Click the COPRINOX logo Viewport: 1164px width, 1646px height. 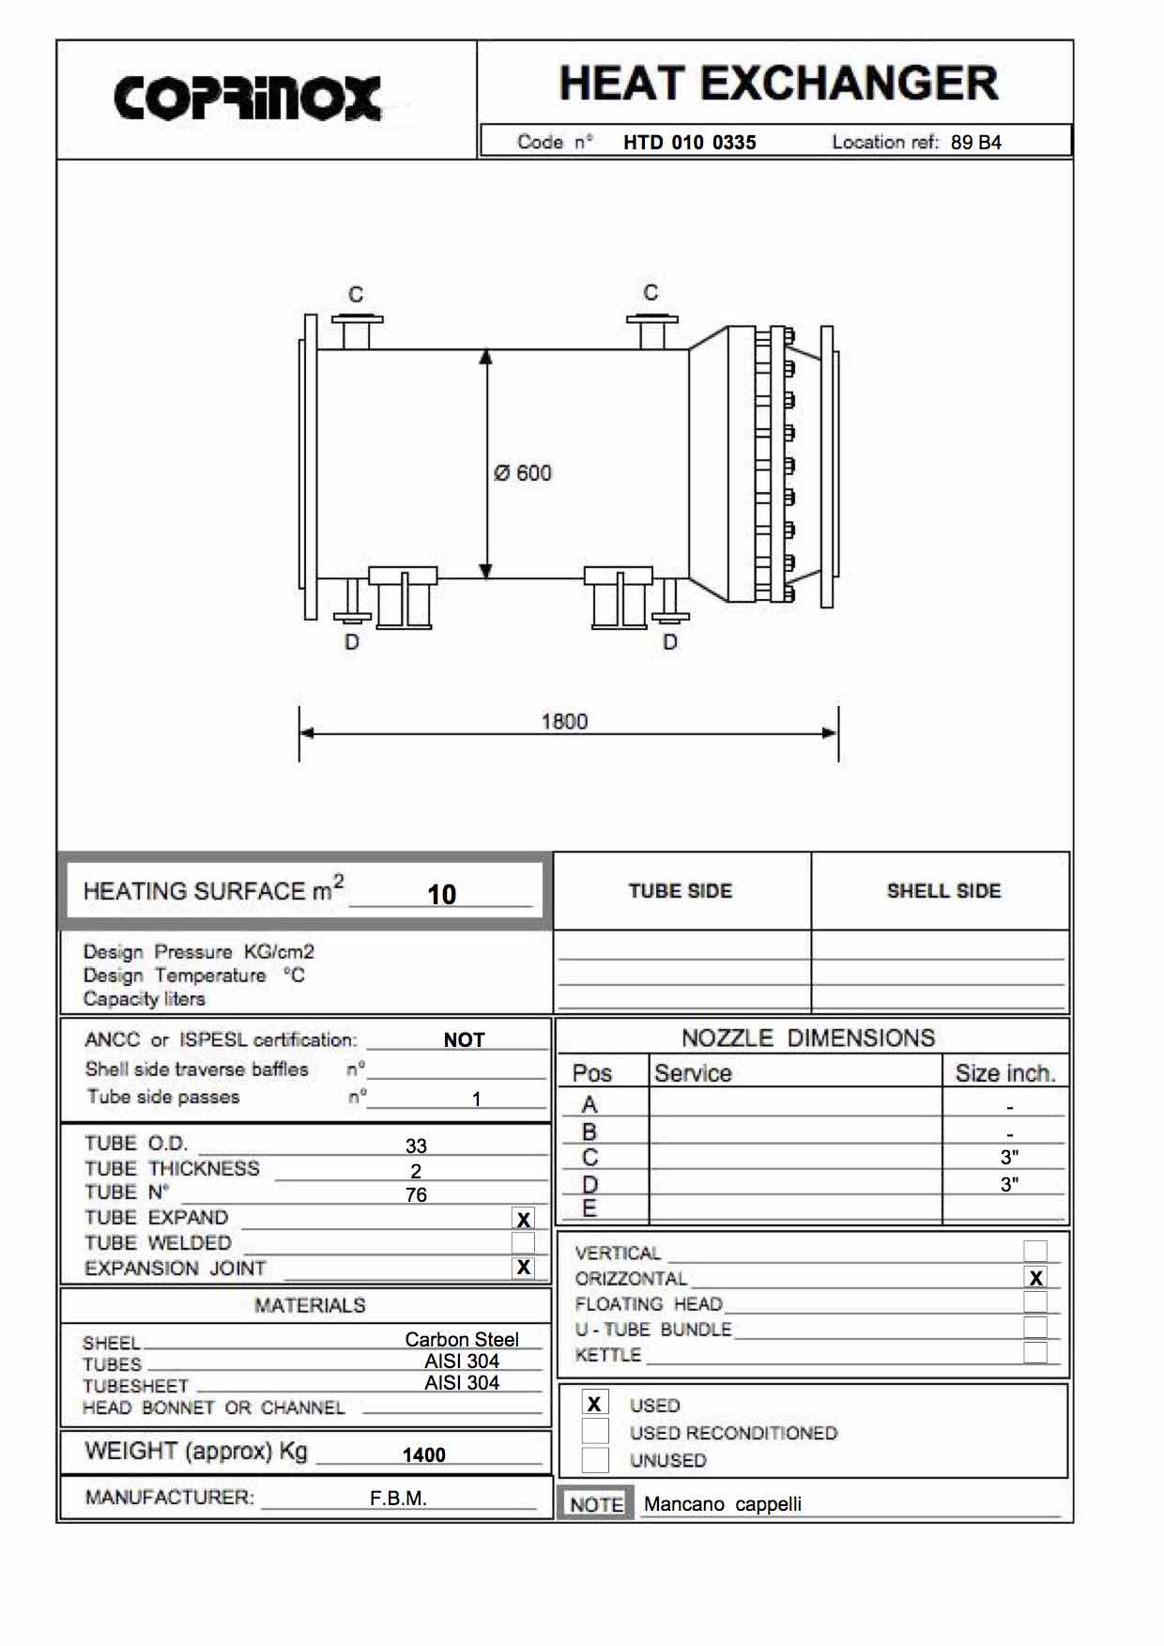click(x=248, y=98)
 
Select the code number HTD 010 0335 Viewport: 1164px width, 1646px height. click(x=689, y=143)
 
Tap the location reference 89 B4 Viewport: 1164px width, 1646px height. click(x=975, y=143)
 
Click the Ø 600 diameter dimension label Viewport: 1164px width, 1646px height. click(x=523, y=473)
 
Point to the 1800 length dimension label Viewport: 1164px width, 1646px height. click(x=564, y=721)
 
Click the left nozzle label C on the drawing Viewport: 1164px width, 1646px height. click(x=356, y=295)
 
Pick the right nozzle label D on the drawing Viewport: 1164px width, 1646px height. click(x=669, y=642)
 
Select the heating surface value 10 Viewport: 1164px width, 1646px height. click(x=441, y=894)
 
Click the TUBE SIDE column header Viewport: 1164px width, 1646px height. click(x=681, y=891)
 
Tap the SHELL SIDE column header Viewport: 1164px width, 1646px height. click(x=943, y=891)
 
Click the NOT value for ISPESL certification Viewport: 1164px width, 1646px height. click(x=464, y=1039)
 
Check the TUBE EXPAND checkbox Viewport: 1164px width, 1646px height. click(x=524, y=1219)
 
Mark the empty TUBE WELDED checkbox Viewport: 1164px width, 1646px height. click(x=524, y=1243)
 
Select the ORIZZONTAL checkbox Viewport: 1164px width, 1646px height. click(x=1035, y=1278)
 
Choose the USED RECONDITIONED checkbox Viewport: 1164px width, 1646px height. click(x=595, y=1432)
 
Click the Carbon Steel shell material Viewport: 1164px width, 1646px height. click(x=462, y=1339)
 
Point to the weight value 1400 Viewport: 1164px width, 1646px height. click(x=423, y=1454)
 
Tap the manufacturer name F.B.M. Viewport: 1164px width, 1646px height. click(x=398, y=1498)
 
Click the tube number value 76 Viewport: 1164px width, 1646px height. click(x=416, y=1194)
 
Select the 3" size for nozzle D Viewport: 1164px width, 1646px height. click(x=1009, y=1184)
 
